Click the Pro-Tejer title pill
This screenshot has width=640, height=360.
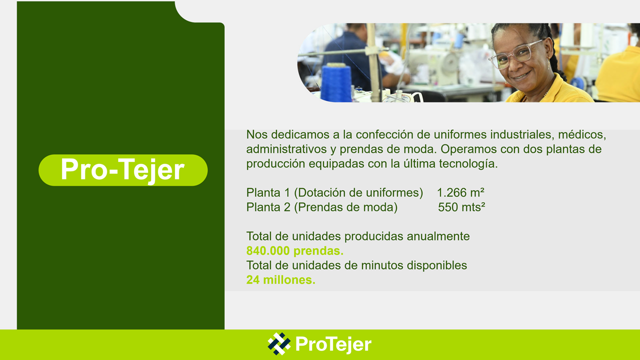click(123, 170)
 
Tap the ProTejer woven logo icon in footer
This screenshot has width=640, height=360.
click(279, 343)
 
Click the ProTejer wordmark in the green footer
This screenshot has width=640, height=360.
click(333, 344)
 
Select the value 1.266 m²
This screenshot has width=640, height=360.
click(460, 192)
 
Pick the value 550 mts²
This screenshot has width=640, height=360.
click(461, 207)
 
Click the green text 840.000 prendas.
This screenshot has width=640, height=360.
click(295, 251)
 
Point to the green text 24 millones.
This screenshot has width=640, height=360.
click(281, 279)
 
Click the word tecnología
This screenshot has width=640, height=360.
click(468, 163)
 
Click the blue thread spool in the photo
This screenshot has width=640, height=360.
click(336, 82)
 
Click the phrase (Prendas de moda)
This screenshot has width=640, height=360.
click(345, 207)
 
